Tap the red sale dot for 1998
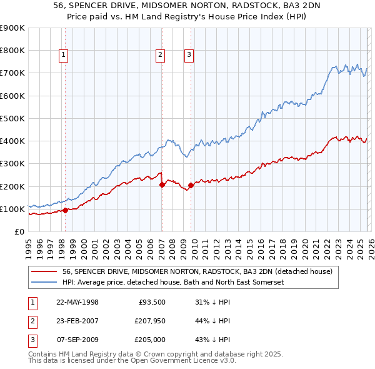pos(65,210)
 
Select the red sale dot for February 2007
pos(161,184)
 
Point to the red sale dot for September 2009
pos(190,185)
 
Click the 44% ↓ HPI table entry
pos(212,321)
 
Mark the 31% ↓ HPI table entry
pos(212,302)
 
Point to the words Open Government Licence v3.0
pos(181,361)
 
